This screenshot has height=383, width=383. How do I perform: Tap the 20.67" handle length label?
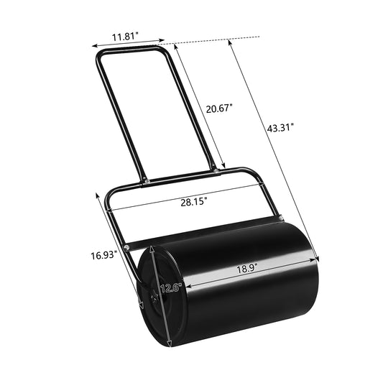pos(218,109)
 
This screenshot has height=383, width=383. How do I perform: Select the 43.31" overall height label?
pos(280,128)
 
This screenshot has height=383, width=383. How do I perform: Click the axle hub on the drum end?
pos(151,294)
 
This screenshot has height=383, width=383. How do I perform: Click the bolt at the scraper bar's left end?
pos(127,248)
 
